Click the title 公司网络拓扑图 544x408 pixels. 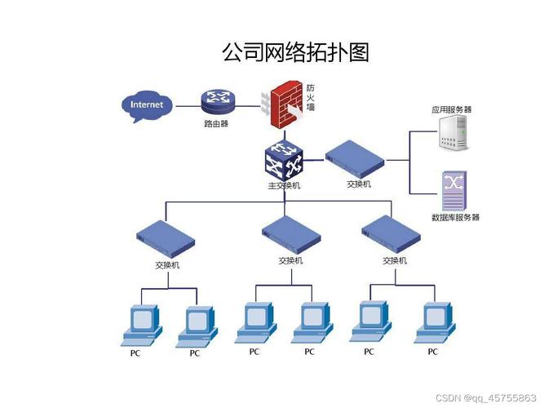click(295, 52)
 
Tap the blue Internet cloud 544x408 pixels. click(147, 105)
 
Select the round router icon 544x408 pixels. click(217, 101)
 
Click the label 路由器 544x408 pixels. click(216, 124)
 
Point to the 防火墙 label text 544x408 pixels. click(311, 97)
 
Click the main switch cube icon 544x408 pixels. click(284, 158)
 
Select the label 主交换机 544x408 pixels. click(284, 185)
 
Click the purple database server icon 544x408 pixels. click(453, 191)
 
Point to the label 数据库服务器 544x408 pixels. click(455, 217)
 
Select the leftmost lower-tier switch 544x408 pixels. click(166, 237)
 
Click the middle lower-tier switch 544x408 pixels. click(290, 233)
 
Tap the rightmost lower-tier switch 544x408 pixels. click(392, 233)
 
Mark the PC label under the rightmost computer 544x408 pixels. click(432, 352)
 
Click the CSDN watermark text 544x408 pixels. click(486, 397)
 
